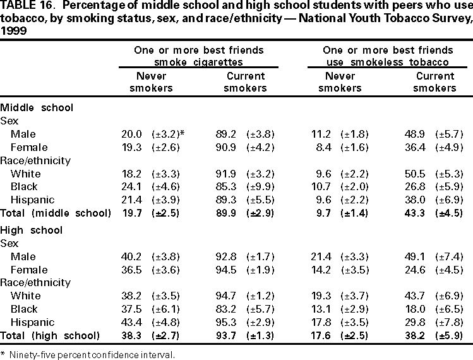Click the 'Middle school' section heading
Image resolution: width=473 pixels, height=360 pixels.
(x=37, y=107)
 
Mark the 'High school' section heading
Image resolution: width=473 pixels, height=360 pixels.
(x=32, y=230)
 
